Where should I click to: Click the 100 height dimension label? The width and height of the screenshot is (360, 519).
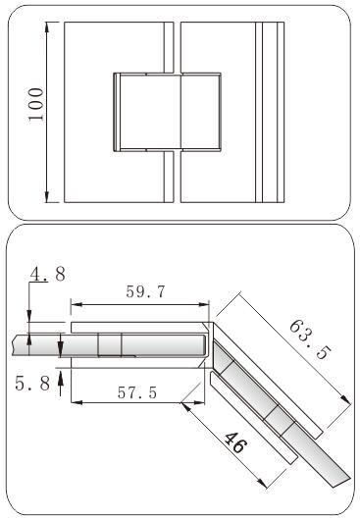point(35,105)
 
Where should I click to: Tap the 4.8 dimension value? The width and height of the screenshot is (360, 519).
point(48,274)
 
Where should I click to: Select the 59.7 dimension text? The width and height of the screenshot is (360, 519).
point(145,291)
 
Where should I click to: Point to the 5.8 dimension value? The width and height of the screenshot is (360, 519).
point(32,384)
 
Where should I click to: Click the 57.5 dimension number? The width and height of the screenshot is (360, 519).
point(137,392)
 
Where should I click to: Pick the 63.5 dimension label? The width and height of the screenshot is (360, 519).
point(310,339)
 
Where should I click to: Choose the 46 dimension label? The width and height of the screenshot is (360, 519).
point(235,442)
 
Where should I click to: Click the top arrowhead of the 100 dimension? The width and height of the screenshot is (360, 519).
point(47,27)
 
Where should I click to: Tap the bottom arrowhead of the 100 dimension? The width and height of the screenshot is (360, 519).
point(47,196)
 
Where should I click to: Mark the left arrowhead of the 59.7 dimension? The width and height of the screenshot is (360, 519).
point(77,304)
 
